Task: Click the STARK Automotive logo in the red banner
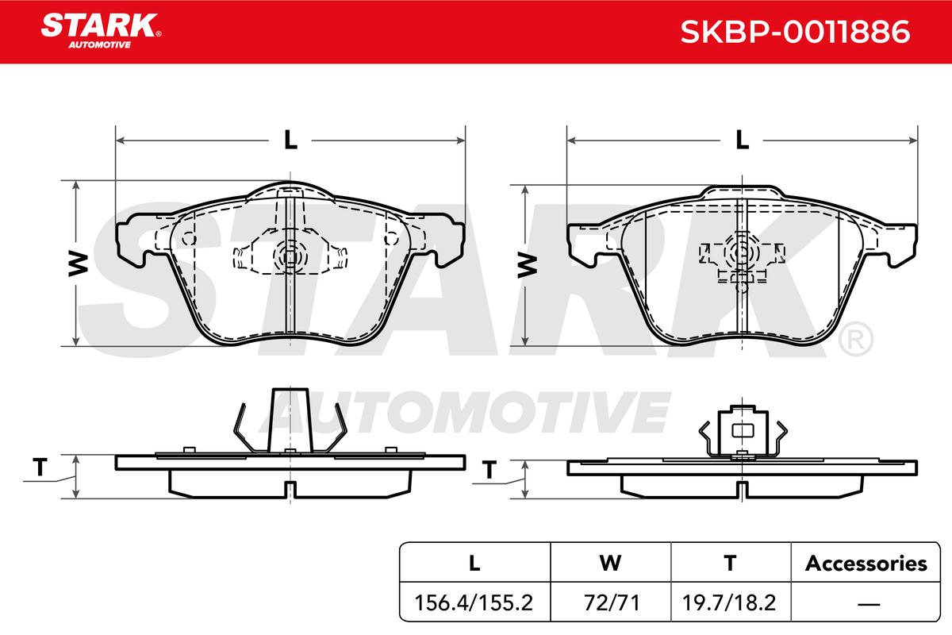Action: coord(101,31)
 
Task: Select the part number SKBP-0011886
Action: coord(795,32)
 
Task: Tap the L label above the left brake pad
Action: coord(290,140)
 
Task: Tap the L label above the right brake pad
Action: coord(742,140)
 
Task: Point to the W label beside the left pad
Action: coord(79,264)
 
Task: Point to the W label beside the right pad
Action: coord(527,265)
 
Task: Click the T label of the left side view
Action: coord(40,467)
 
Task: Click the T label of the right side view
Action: coord(489,470)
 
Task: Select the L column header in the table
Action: coord(474,563)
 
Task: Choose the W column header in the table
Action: coord(610,563)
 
